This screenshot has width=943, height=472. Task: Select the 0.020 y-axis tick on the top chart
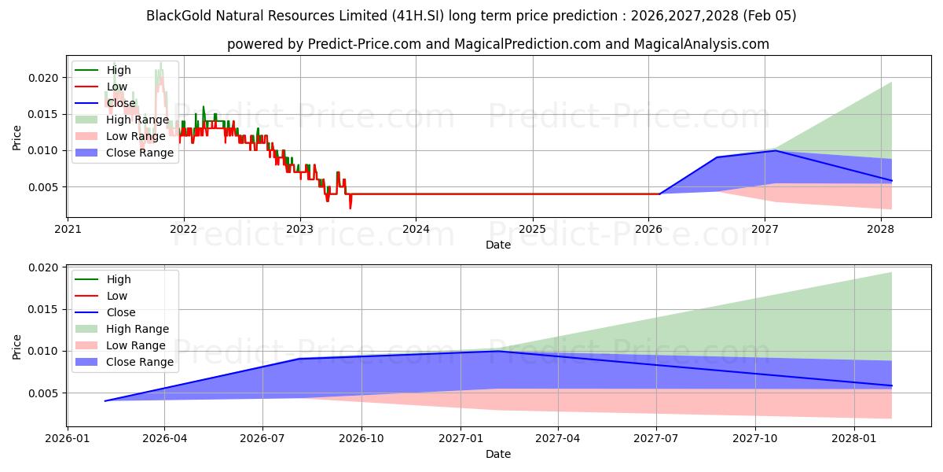[44, 78]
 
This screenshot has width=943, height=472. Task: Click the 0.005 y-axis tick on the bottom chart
[44, 393]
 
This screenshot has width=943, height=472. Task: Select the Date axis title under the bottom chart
[498, 454]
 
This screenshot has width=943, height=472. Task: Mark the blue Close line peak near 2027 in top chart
[775, 150]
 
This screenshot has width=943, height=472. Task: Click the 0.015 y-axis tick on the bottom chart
[44, 309]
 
